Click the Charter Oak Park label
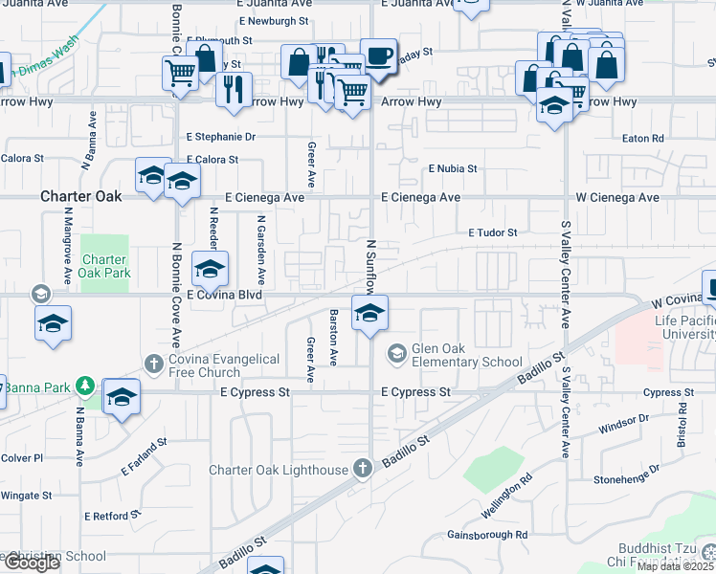point(103,267)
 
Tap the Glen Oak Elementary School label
point(467,355)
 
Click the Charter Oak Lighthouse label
point(279,470)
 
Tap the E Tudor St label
point(492,232)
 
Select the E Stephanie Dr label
point(221,137)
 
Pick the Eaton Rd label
point(642,139)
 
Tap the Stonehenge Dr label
point(626,475)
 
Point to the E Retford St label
point(112,516)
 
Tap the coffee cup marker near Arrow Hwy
point(377,55)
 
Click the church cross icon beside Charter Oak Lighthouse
point(362,469)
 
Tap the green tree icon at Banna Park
point(86,386)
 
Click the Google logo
point(32,563)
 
